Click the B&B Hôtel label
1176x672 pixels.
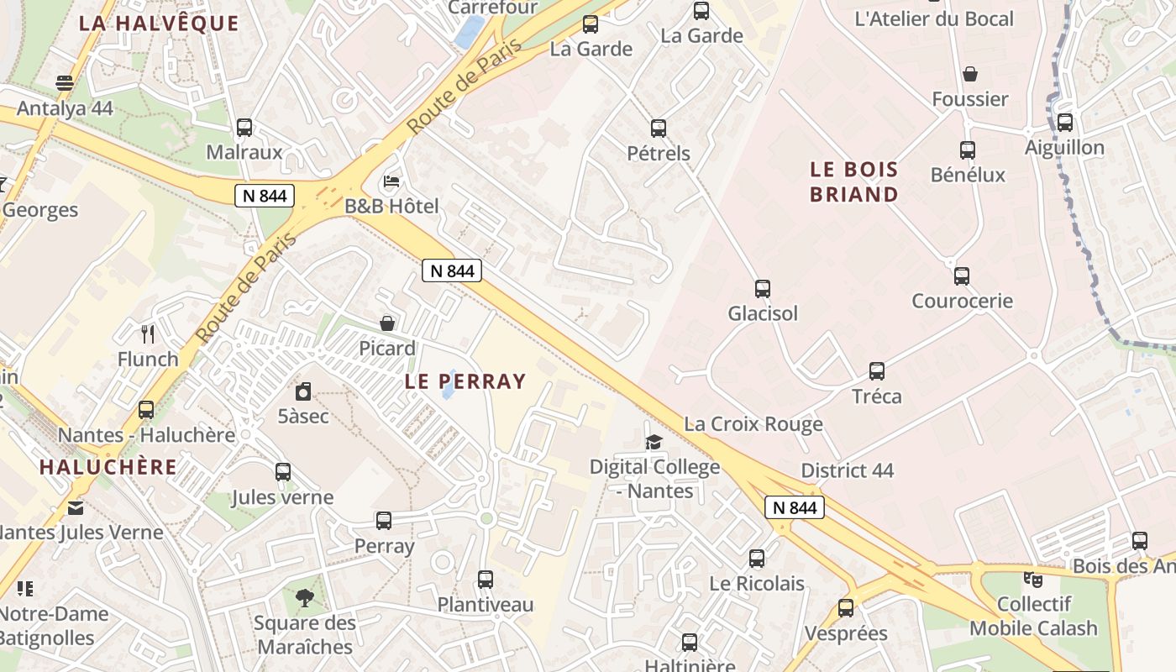391,206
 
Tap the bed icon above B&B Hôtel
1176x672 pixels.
391,181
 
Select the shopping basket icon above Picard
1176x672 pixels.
387,323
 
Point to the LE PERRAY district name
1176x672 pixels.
465,381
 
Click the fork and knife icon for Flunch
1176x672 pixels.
148,334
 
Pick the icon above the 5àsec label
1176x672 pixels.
303,391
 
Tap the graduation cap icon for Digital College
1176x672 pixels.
654,442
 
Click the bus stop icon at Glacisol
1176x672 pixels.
763,289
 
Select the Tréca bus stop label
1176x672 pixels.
877,396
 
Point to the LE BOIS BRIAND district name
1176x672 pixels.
854,182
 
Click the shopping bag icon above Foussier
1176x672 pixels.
970,75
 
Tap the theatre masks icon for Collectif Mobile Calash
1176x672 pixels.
1032,579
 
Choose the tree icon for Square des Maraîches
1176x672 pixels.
304,598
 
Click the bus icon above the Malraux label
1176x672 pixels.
244,128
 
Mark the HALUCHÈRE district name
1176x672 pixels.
108,467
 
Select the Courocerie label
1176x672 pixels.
963,301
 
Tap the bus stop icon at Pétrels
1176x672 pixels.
659,129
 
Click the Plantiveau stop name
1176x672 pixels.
486,605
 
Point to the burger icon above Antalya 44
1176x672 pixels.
65,83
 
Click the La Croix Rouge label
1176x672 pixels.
753,424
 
